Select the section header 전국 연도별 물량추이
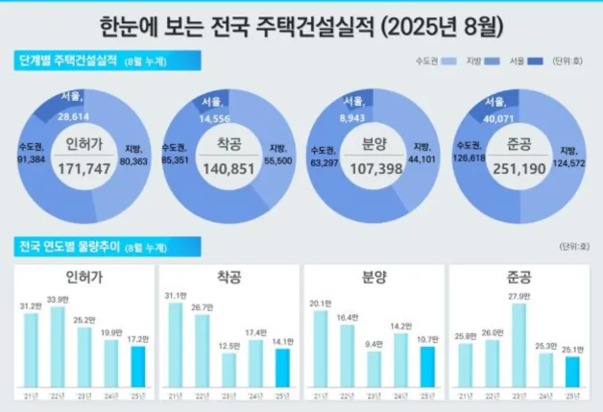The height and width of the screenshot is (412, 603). coord(67,247)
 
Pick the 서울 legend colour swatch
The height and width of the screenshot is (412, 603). coord(535,61)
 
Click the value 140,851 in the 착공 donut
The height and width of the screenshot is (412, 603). coord(229,169)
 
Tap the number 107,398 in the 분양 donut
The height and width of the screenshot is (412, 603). coord(374,169)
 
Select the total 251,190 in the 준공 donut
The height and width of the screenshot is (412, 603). coord(518,169)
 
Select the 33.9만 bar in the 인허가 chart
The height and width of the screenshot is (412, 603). coord(58,347)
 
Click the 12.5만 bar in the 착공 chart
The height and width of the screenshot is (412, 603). coord(228,370)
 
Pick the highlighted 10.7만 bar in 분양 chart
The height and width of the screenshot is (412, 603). coord(427,367)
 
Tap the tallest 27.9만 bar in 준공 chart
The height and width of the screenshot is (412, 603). coord(519,345)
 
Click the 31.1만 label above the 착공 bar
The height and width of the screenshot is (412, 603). coord(176,296)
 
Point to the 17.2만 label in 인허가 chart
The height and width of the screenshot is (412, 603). coord(137,340)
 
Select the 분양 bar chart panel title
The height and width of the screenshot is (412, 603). coord(374,277)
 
